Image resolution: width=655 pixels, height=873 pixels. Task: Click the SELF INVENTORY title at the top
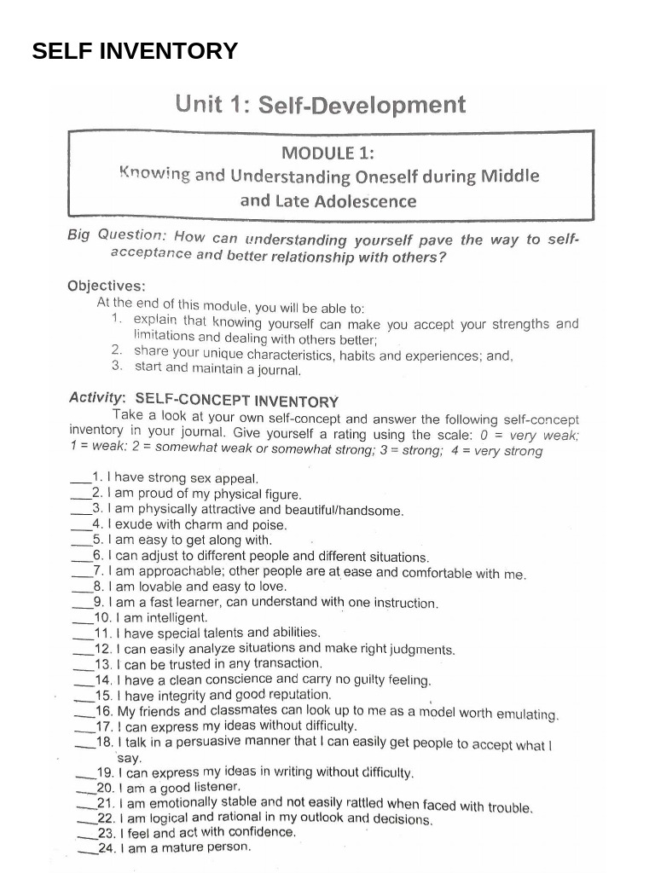(x=135, y=51)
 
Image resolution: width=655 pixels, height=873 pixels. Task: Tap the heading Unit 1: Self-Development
(x=321, y=106)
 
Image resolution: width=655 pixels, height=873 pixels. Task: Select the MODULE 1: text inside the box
(x=328, y=153)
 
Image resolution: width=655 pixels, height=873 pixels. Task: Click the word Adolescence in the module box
(x=365, y=202)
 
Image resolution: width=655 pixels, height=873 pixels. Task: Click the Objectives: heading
(x=107, y=286)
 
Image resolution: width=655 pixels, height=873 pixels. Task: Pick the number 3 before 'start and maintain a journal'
(x=117, y=367)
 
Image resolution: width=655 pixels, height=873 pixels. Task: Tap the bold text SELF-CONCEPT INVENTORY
(x=237, y=401)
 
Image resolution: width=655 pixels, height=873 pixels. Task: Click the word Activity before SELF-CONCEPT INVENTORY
(x=96, y=398)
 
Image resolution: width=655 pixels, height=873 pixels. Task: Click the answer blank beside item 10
(x=83, y=620)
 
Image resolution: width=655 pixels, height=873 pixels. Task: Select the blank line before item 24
(x=87, y=850)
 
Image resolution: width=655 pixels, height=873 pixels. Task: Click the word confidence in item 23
(x=260, y=832)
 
